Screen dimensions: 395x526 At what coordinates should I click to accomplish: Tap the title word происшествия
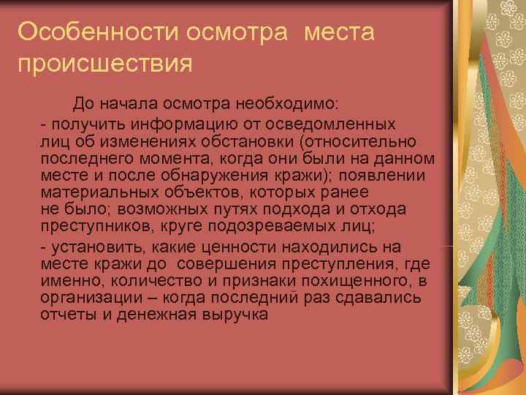[x=105, y=64]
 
